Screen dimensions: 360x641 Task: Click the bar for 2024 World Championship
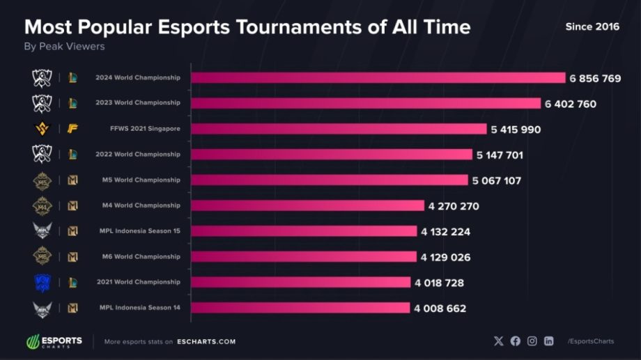click(378, 78)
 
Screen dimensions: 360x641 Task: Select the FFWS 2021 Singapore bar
click(339, 129)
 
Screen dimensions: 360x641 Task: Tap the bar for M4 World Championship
click(307, 205)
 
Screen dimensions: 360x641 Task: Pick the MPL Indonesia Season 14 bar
click(300, 308)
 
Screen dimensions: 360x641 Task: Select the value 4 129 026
click(445, 257)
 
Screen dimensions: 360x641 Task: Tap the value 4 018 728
click(439, 283)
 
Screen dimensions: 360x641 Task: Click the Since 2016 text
click(592, 26)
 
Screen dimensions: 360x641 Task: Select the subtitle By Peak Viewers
click(64, 47)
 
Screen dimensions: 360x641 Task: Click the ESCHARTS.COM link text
click(206, 342)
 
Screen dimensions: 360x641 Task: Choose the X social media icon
click(498, 341)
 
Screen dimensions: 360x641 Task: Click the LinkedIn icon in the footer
click(549, 341)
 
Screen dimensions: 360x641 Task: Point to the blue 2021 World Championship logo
click(42, 282)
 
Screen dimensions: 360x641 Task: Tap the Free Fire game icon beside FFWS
click(72, 129)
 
